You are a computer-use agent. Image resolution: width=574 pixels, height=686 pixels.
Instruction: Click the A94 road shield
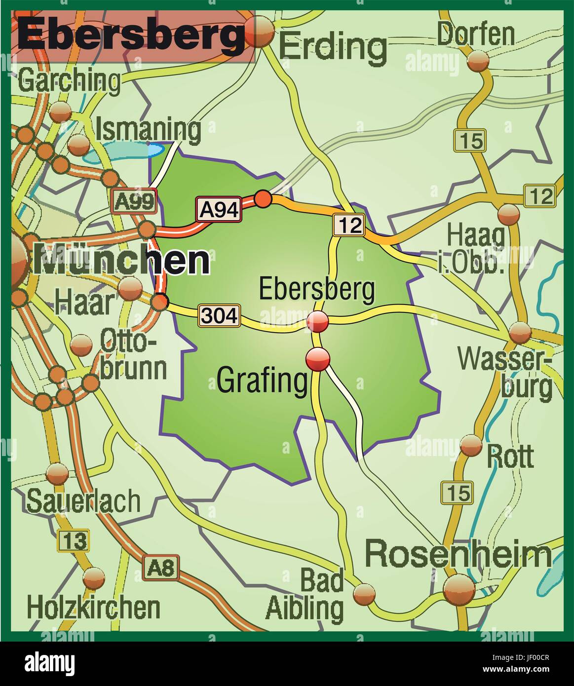point(219,209)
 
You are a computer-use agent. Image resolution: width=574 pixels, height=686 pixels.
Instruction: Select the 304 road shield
point(219,315)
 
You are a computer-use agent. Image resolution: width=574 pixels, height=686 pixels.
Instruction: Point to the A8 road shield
point(161,569)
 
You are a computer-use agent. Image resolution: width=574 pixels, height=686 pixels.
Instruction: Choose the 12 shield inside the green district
point(348,225)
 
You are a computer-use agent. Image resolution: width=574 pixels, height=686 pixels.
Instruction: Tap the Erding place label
point(333,47)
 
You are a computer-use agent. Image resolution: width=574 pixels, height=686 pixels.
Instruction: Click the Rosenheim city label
point(458,554)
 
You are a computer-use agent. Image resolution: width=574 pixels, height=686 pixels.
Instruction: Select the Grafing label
point(262,381)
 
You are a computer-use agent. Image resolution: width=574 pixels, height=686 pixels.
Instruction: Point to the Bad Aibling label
point(305,595)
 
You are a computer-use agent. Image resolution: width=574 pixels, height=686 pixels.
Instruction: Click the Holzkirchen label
point(93,608)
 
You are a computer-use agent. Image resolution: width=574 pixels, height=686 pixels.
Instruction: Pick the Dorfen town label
point(475,35)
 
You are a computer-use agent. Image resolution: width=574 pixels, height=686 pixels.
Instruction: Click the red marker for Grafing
point(318,359)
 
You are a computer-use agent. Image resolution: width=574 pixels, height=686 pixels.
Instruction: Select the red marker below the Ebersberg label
point(318,322)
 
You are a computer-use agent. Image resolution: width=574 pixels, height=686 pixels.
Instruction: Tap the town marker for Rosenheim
point(459,589)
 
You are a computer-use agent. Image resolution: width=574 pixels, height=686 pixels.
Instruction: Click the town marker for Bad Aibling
point(365,592)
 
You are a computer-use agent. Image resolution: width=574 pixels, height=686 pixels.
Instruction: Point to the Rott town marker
point(471,446)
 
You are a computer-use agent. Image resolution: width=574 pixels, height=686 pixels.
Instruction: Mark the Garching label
point(69,80)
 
